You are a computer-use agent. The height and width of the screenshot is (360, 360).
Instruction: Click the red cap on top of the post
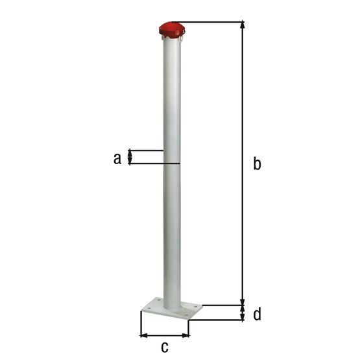172,29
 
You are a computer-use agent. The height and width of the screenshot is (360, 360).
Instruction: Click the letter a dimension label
117,158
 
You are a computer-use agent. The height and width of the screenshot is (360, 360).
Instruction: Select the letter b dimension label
257,163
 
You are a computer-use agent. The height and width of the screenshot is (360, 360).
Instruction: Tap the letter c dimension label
165,347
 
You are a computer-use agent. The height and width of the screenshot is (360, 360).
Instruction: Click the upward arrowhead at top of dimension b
242,25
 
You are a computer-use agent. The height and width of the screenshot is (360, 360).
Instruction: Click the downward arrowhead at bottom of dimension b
242,302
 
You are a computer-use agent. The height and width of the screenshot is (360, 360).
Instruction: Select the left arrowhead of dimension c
143,335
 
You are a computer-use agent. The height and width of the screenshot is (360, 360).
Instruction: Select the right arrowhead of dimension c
186,335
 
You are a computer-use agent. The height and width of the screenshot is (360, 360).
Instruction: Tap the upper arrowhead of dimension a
130,153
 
